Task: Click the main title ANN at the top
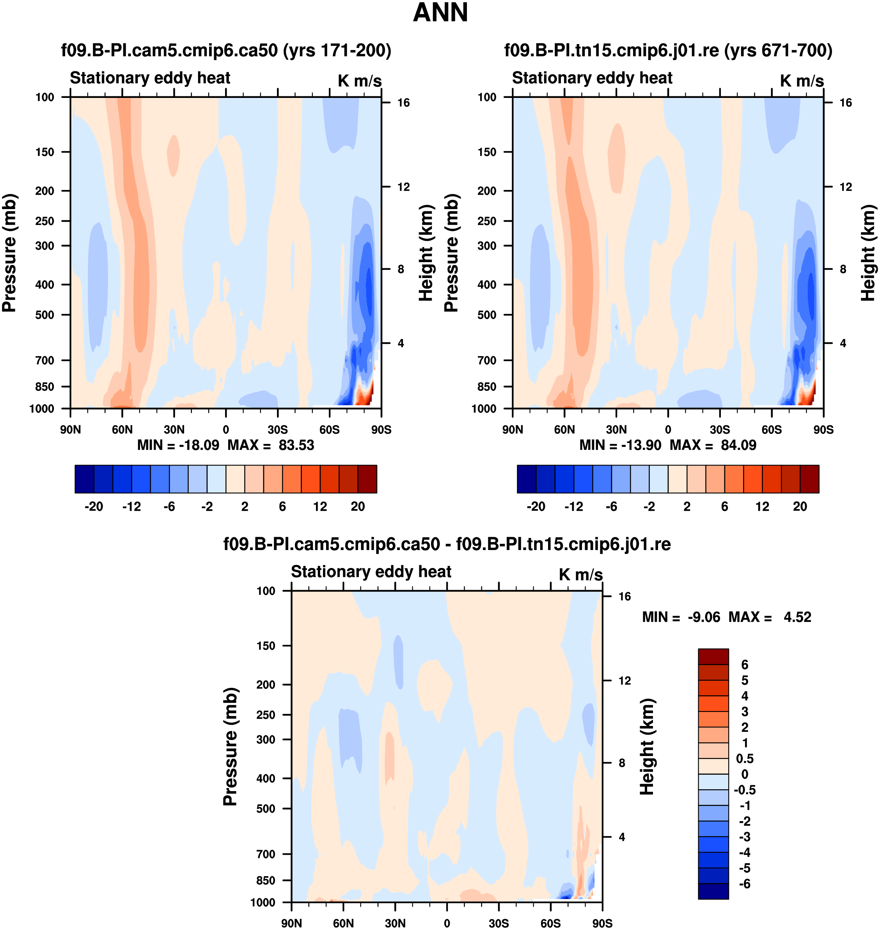[x=440, y=12]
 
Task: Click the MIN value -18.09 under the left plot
[x=199, y=445]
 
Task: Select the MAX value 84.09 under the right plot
[x=738, y=445]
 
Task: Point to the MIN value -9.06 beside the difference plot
[x=704, y=617]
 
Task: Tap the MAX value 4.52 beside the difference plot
[x=797, y=617]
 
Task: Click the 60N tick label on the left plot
[x=122, y=430]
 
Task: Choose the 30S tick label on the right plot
[x=720, y=430]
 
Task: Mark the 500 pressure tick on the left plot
[x=44, y=315]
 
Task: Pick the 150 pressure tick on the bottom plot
[x=266, y=646]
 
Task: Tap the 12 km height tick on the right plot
[x=845, y=187]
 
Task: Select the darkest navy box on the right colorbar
[x=526, y=479]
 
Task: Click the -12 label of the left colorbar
[x=131, y=506]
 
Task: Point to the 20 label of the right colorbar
[x=800, y=506]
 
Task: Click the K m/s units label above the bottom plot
[x=580, y=575]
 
